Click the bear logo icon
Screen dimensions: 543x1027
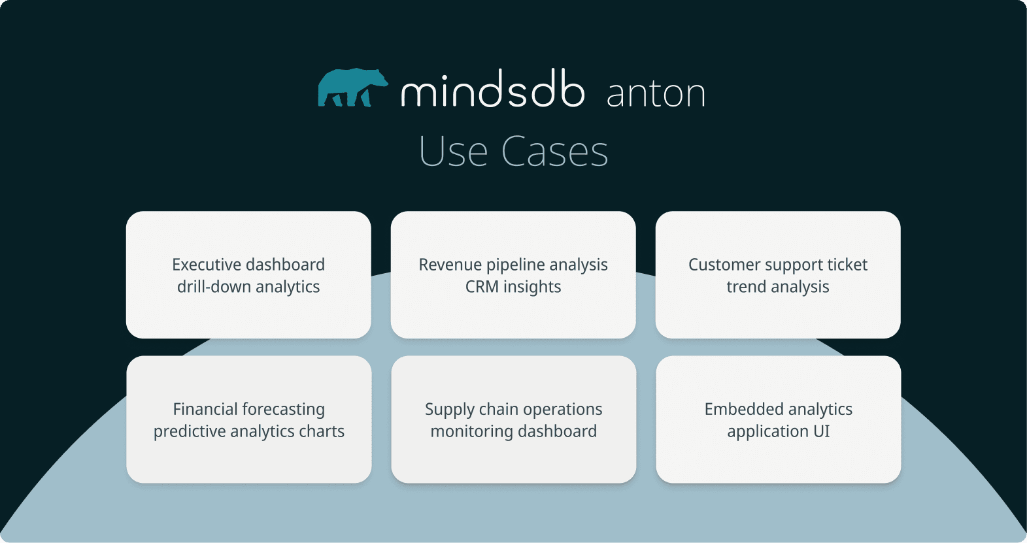[x=352, y=88]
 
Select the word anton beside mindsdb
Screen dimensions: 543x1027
[x=656, y=94]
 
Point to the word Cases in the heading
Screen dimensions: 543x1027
[x=554, y=152]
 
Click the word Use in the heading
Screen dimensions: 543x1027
[x=453, y=152]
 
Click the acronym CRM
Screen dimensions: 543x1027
[x=482, y=287]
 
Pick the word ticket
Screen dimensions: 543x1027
[x=847, y=265]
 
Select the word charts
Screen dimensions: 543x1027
[x=321, y=431]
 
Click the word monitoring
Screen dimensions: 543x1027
[x=471, y=431]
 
